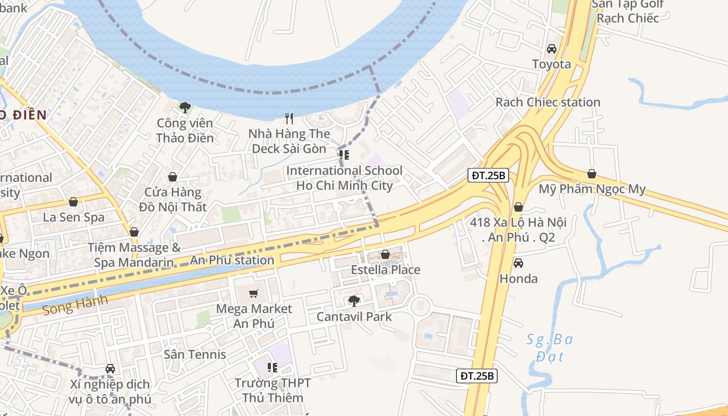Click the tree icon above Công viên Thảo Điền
[x=185, y=108]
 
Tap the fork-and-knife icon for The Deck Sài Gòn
[x=290, y=119]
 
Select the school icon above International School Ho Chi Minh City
[x=344, y=154]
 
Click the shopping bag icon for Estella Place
[x=385, y=254]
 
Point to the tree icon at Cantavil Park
[x=354, y=301]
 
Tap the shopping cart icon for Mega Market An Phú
[x=254, y=293]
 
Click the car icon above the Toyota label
[x=552, y=49]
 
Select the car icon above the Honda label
[x=518, y=263]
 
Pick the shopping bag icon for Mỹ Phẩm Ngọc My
[x=591, y=174]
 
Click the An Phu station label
[x=232, y=260]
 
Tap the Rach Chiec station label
[x=548, y=102]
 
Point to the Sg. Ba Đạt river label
[x=549, y=348]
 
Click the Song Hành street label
[x=75, y=304]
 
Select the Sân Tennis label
[x=195, y=355]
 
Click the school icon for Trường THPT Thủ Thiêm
[x=272, y=368]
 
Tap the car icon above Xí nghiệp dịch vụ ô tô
[x=110, y=369]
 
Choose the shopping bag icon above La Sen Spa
[x=73, y=202]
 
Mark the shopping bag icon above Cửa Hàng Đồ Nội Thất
[x=173, y=177]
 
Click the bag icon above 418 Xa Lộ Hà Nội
[x=518, y=207]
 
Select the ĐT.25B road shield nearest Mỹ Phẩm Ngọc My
[x=488, y=175]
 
